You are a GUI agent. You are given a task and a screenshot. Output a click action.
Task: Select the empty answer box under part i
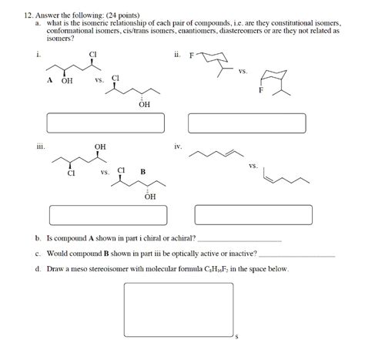point(101,123)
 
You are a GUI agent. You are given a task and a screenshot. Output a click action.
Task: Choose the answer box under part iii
point(101,214)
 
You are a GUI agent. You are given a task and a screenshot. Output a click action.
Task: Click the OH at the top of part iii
point(100,146)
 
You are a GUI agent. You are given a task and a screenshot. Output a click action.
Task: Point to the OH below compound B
point(149,197)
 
